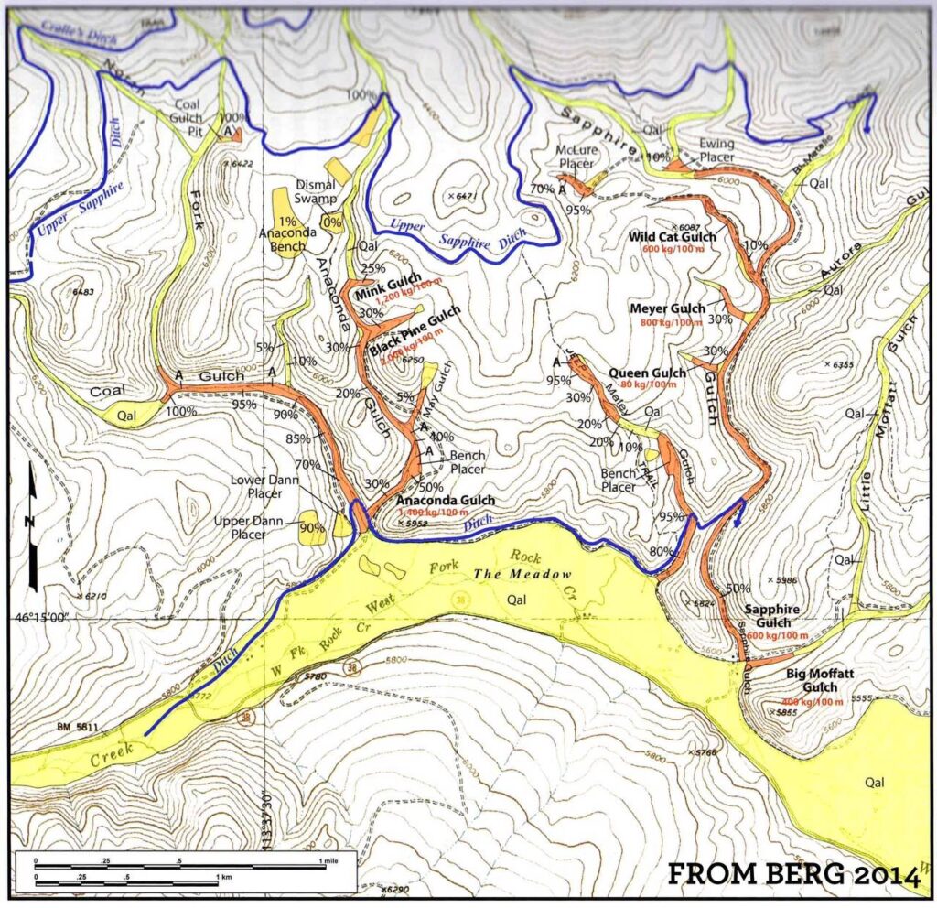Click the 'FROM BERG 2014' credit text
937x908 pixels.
pyautogui.click(x=792, y=874)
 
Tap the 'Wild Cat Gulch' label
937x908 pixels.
pyautogui.click(x=673, y=237)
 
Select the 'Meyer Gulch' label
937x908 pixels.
pyautogui.click(x=668, y=308)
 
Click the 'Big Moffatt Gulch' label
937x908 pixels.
pyautogui.click(x=819, y=680)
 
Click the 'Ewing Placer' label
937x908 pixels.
pyautogui.click(x=717, y=148)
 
